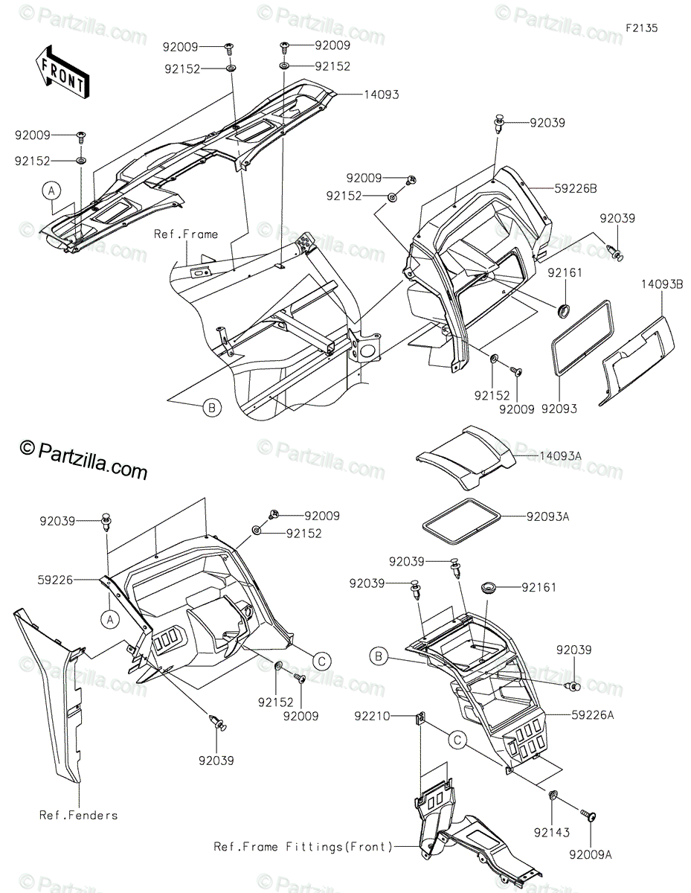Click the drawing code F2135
642,28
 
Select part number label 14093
382,95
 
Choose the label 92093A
547,516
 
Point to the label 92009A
592,855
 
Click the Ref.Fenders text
78,815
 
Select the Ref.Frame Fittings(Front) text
303,846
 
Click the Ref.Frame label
186,234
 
